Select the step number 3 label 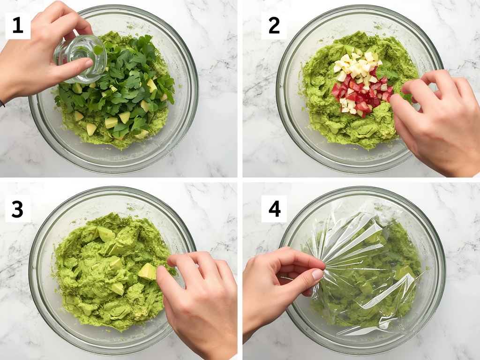coord(18,209)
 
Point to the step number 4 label coord(274,209)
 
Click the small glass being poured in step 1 coord(82,57)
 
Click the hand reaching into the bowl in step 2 coord(436,122)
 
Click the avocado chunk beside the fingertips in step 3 coord(147,271)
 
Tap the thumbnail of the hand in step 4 coord(317,274)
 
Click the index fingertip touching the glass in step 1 coord(87,62)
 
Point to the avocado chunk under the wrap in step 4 coord(403,272)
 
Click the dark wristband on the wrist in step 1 coord(2,103)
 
